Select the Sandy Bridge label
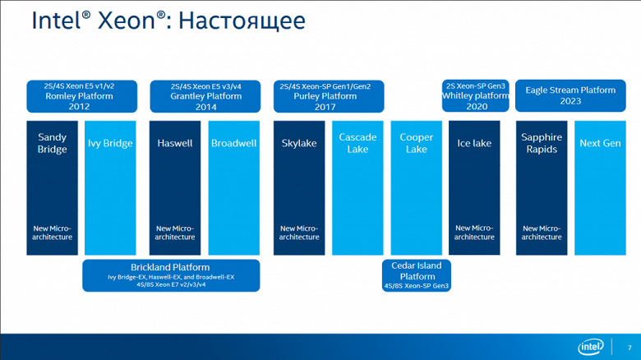click(53, 144)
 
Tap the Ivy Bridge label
click(110, 144)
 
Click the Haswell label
click(175, 144)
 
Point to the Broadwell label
click(234, 144)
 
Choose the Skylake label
click(299, 144)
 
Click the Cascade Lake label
click(357, 144)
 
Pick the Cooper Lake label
click(416, 144)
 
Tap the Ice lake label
click(474, 144)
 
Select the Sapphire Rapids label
click(542, 144)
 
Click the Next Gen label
click(600, 144)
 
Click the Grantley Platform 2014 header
click(205, 96)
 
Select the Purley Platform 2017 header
click(329, 96)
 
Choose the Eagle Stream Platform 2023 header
click(570, 96)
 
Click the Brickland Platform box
click(171, 275)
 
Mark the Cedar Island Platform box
click(417, 275)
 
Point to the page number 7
click(629, 347)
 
